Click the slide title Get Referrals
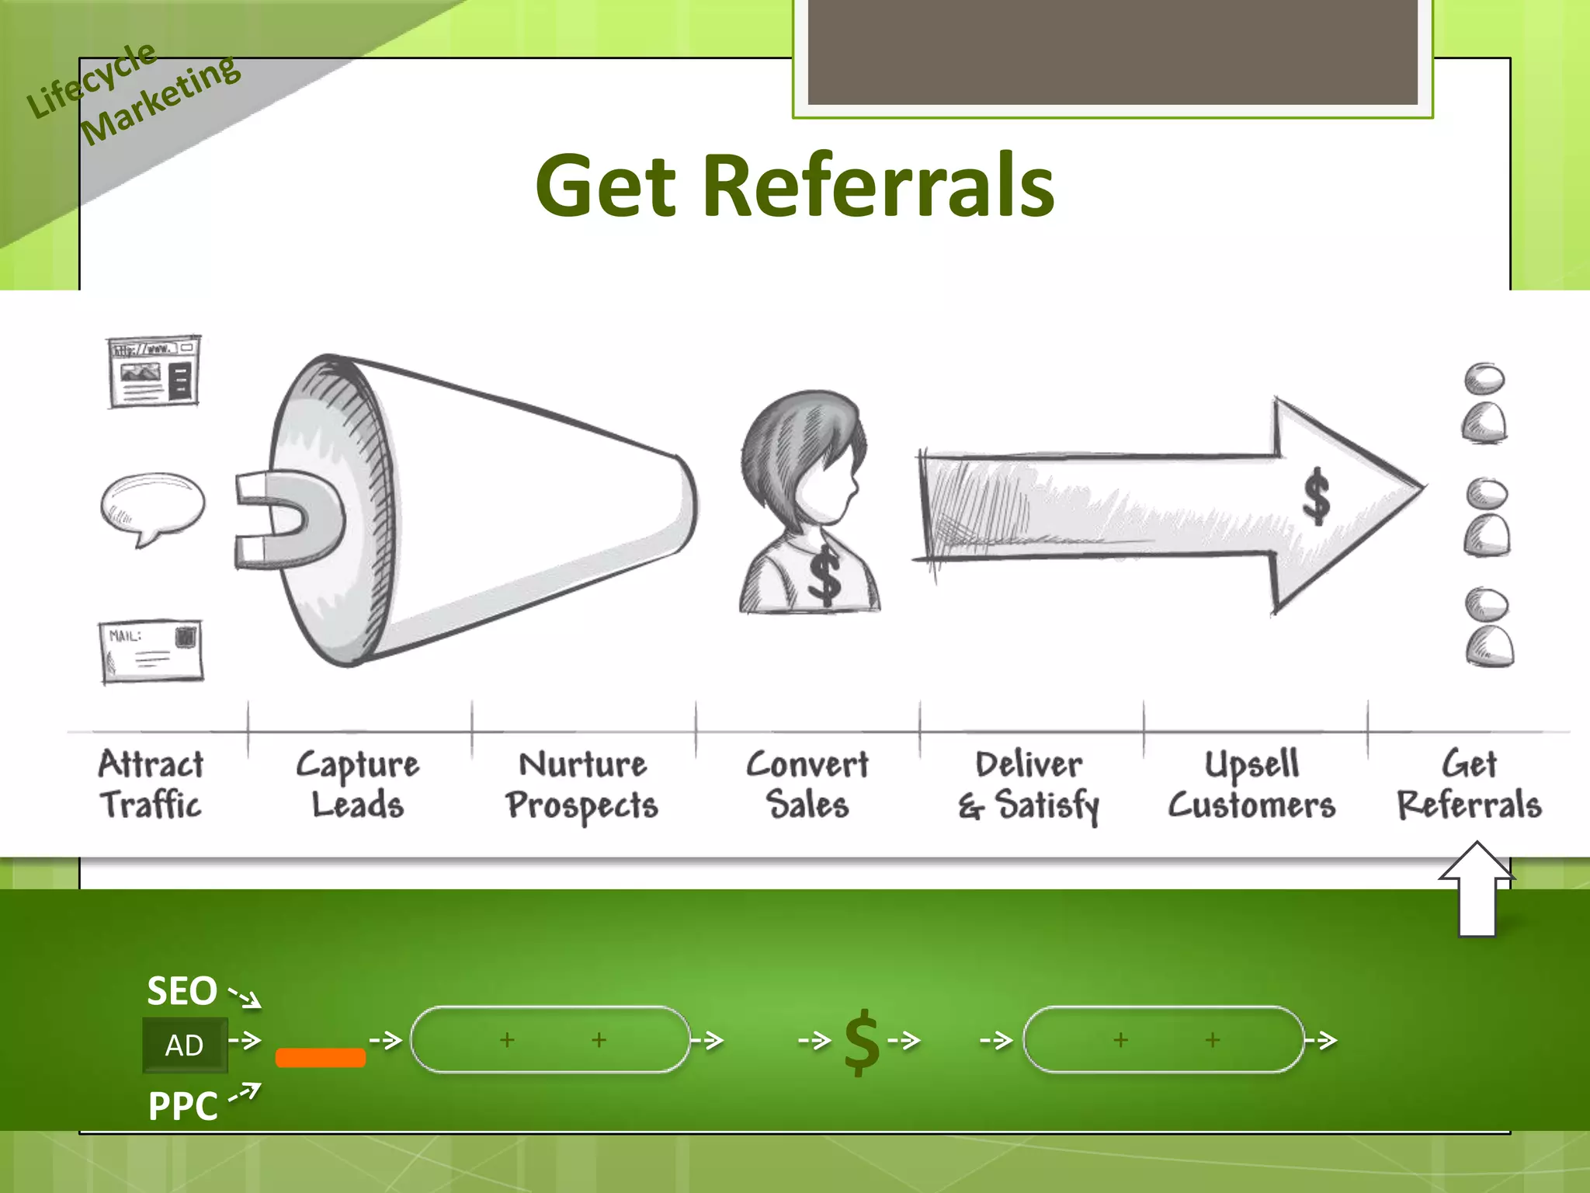pyautogui.click(x=794, y=186)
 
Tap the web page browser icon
pyautogui.click(x=154, y=371)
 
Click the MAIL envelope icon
pyautogui.click(x=151, y=651)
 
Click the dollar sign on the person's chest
pyautogui.click(x=824, y=575)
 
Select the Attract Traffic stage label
pyautogui.click(x=151, y=784)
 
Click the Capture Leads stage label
pyautogui.click(x=358, y=784)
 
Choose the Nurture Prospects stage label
pyautogui.click(x=582, y=784)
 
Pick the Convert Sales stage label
pyautogui.click(x=807, y=784)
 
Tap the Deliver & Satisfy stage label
pyautogui.click(x=1029, y=784)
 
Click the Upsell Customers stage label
pyautogui.click(x=1252, y=784)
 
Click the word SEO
pyautogui.click(x=182, y=991)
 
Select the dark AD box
pyautogui.click(x=185, y=1045)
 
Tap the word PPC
pyautogui.click(x=183, y=1106)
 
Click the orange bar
pyautogui.click(x=321, y=1057)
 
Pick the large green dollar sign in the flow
pyautogui.click(x=862, y=1042)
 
